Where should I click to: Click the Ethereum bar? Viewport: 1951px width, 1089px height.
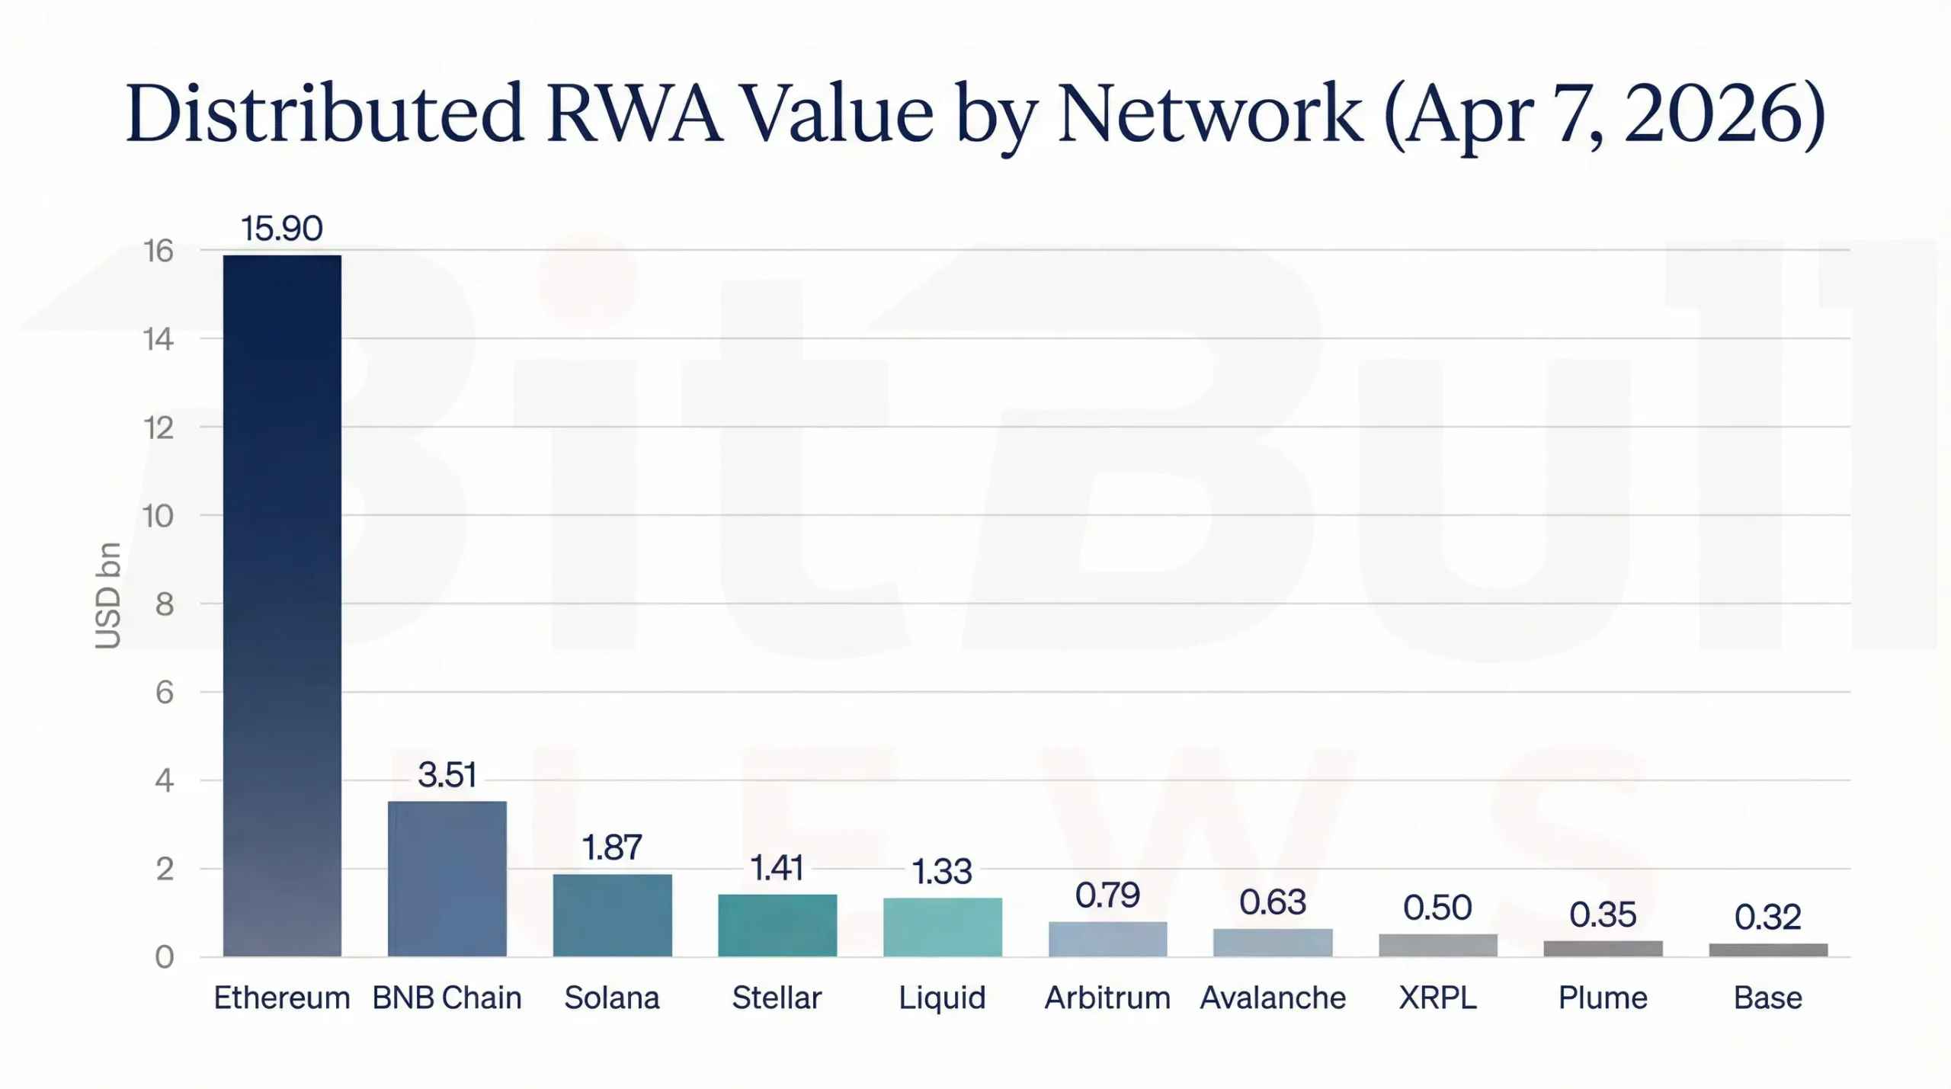(x=282, y=605)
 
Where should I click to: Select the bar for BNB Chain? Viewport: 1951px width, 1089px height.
(x=447, y=878)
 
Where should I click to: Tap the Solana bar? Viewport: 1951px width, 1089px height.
(x=612, y=914)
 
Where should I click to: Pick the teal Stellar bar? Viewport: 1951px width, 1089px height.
(x=777, y=924)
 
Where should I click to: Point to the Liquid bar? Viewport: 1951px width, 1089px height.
(x=942, y=927)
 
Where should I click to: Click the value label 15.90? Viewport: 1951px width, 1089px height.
(x=282, y=229)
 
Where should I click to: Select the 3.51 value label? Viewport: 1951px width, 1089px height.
(x=447, y=775)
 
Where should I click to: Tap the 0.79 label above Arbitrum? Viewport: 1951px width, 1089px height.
(x=1107, y=895)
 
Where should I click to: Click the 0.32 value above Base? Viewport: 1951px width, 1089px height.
(x=1768, y=917)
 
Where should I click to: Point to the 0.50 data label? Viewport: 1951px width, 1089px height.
(x=1437, y=908)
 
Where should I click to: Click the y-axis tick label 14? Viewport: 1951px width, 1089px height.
(x=159, y=339)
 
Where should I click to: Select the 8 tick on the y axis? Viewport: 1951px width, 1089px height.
(x=165, y=604)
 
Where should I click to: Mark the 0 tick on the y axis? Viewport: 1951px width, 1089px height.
(x=165, y=957)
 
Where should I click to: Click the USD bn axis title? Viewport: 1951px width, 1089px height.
(x=108, y=595)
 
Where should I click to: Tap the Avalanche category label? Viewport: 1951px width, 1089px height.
(x=1273, y=998)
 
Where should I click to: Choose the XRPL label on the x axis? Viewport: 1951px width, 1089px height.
(x=1437, y=998)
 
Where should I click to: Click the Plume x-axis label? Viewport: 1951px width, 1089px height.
(x=1603, y=998)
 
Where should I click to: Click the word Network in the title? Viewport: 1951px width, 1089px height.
(x=1209, y=114)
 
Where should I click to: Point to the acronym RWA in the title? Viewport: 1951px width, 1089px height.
(x=634, y=114)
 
